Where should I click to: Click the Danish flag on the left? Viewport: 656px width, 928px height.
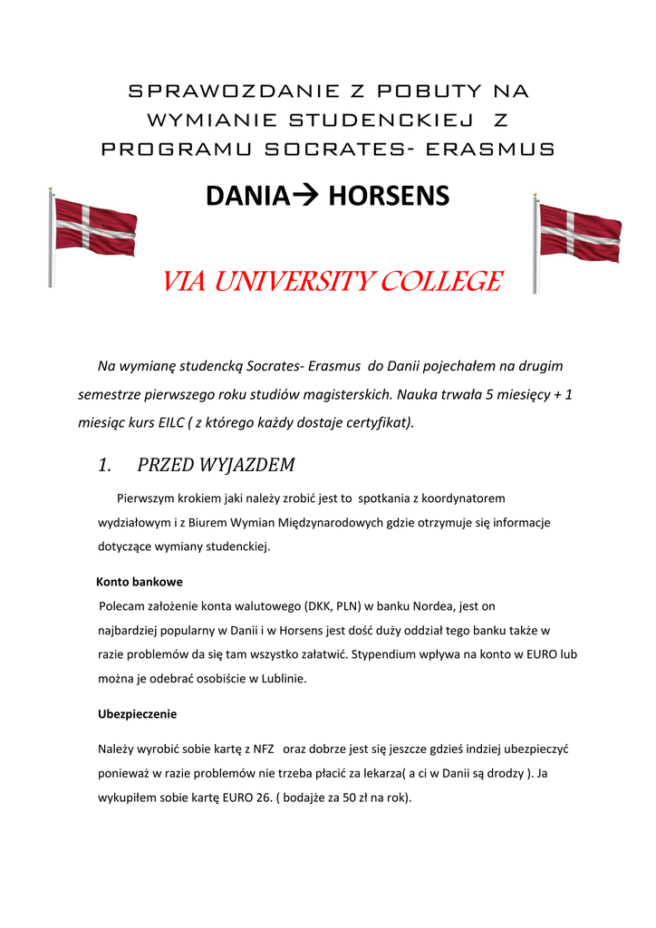pos(93,227)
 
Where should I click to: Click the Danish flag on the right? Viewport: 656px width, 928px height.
pos(578,233)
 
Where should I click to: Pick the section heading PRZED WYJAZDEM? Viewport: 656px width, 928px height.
pos(216,465)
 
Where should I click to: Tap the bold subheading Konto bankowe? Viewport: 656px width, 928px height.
pos(140,582)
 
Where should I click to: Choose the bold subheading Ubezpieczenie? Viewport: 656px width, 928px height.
pos(137,714)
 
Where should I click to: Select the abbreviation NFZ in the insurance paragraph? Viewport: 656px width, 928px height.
pos(263,749)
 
